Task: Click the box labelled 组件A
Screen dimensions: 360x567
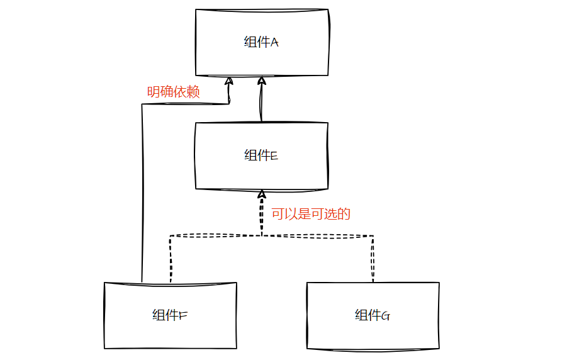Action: coord(261,42)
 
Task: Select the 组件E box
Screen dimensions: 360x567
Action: coord(261,155)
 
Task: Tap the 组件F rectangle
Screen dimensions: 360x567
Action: coord(170,315)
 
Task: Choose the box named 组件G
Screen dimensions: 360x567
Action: coord(373,315)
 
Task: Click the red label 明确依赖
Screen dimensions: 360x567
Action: coord(173,93)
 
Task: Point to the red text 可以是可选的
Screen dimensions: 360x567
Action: coord(310,214)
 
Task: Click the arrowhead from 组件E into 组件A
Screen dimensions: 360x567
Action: coord(261,81)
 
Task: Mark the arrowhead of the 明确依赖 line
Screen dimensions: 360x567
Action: coord(230,81)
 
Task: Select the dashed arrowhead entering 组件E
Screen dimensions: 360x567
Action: coord(261,194)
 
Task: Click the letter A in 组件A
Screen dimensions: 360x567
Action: coord(274,43)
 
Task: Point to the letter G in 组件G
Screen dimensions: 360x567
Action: coord(386,316)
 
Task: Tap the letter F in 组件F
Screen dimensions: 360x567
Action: coord(183,316)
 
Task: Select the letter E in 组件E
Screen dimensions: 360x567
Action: coord(274,156)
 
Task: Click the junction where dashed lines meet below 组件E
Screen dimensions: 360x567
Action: coord(261,235)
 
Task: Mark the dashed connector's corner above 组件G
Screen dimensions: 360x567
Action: coord(373,236)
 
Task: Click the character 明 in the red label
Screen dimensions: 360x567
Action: coord(154,93)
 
